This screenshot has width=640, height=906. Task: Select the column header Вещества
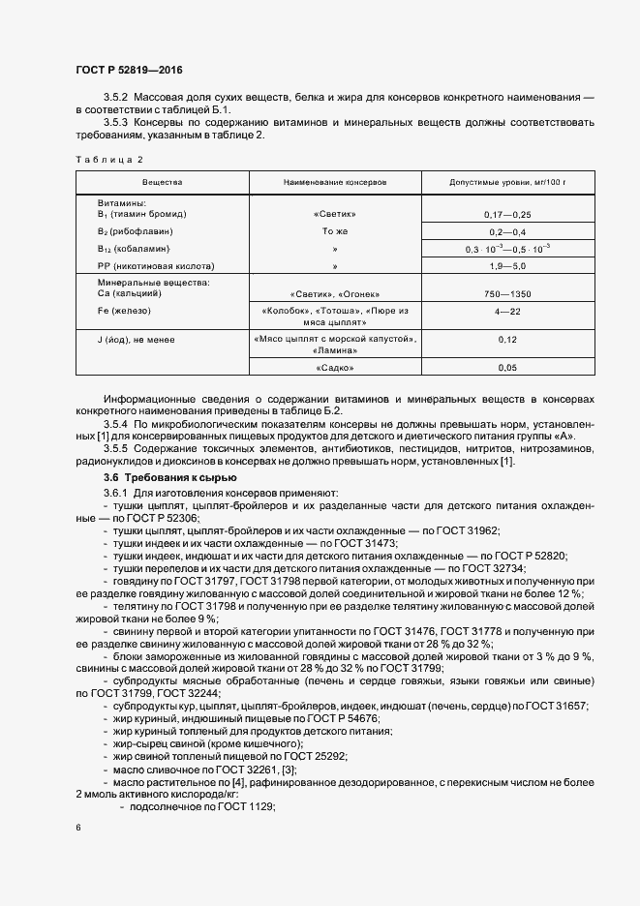(162, 182)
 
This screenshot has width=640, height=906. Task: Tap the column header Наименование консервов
(334, 182)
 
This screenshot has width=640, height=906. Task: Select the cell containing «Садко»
(334, 368)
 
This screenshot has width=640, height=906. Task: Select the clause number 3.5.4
(115, 426)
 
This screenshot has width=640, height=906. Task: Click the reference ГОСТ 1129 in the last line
(249, 807)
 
